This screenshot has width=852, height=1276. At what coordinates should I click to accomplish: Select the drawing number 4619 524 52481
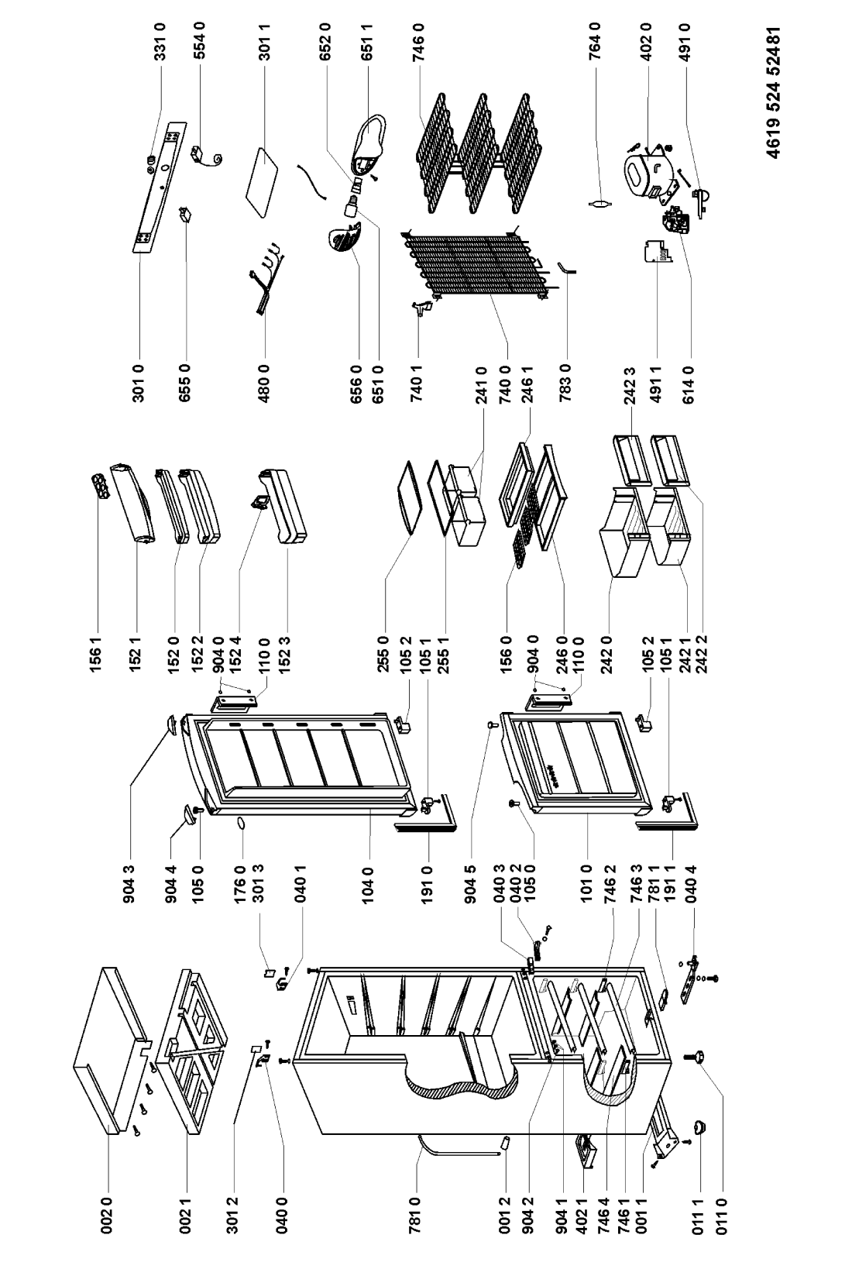coord(771,91)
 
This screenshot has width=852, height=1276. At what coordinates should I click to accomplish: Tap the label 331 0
coord(160,41)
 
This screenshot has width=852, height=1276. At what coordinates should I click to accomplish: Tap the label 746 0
coord(419,41)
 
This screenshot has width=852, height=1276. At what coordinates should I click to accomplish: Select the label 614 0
coord(689,383)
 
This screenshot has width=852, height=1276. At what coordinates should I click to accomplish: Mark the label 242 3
coord(629,383)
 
